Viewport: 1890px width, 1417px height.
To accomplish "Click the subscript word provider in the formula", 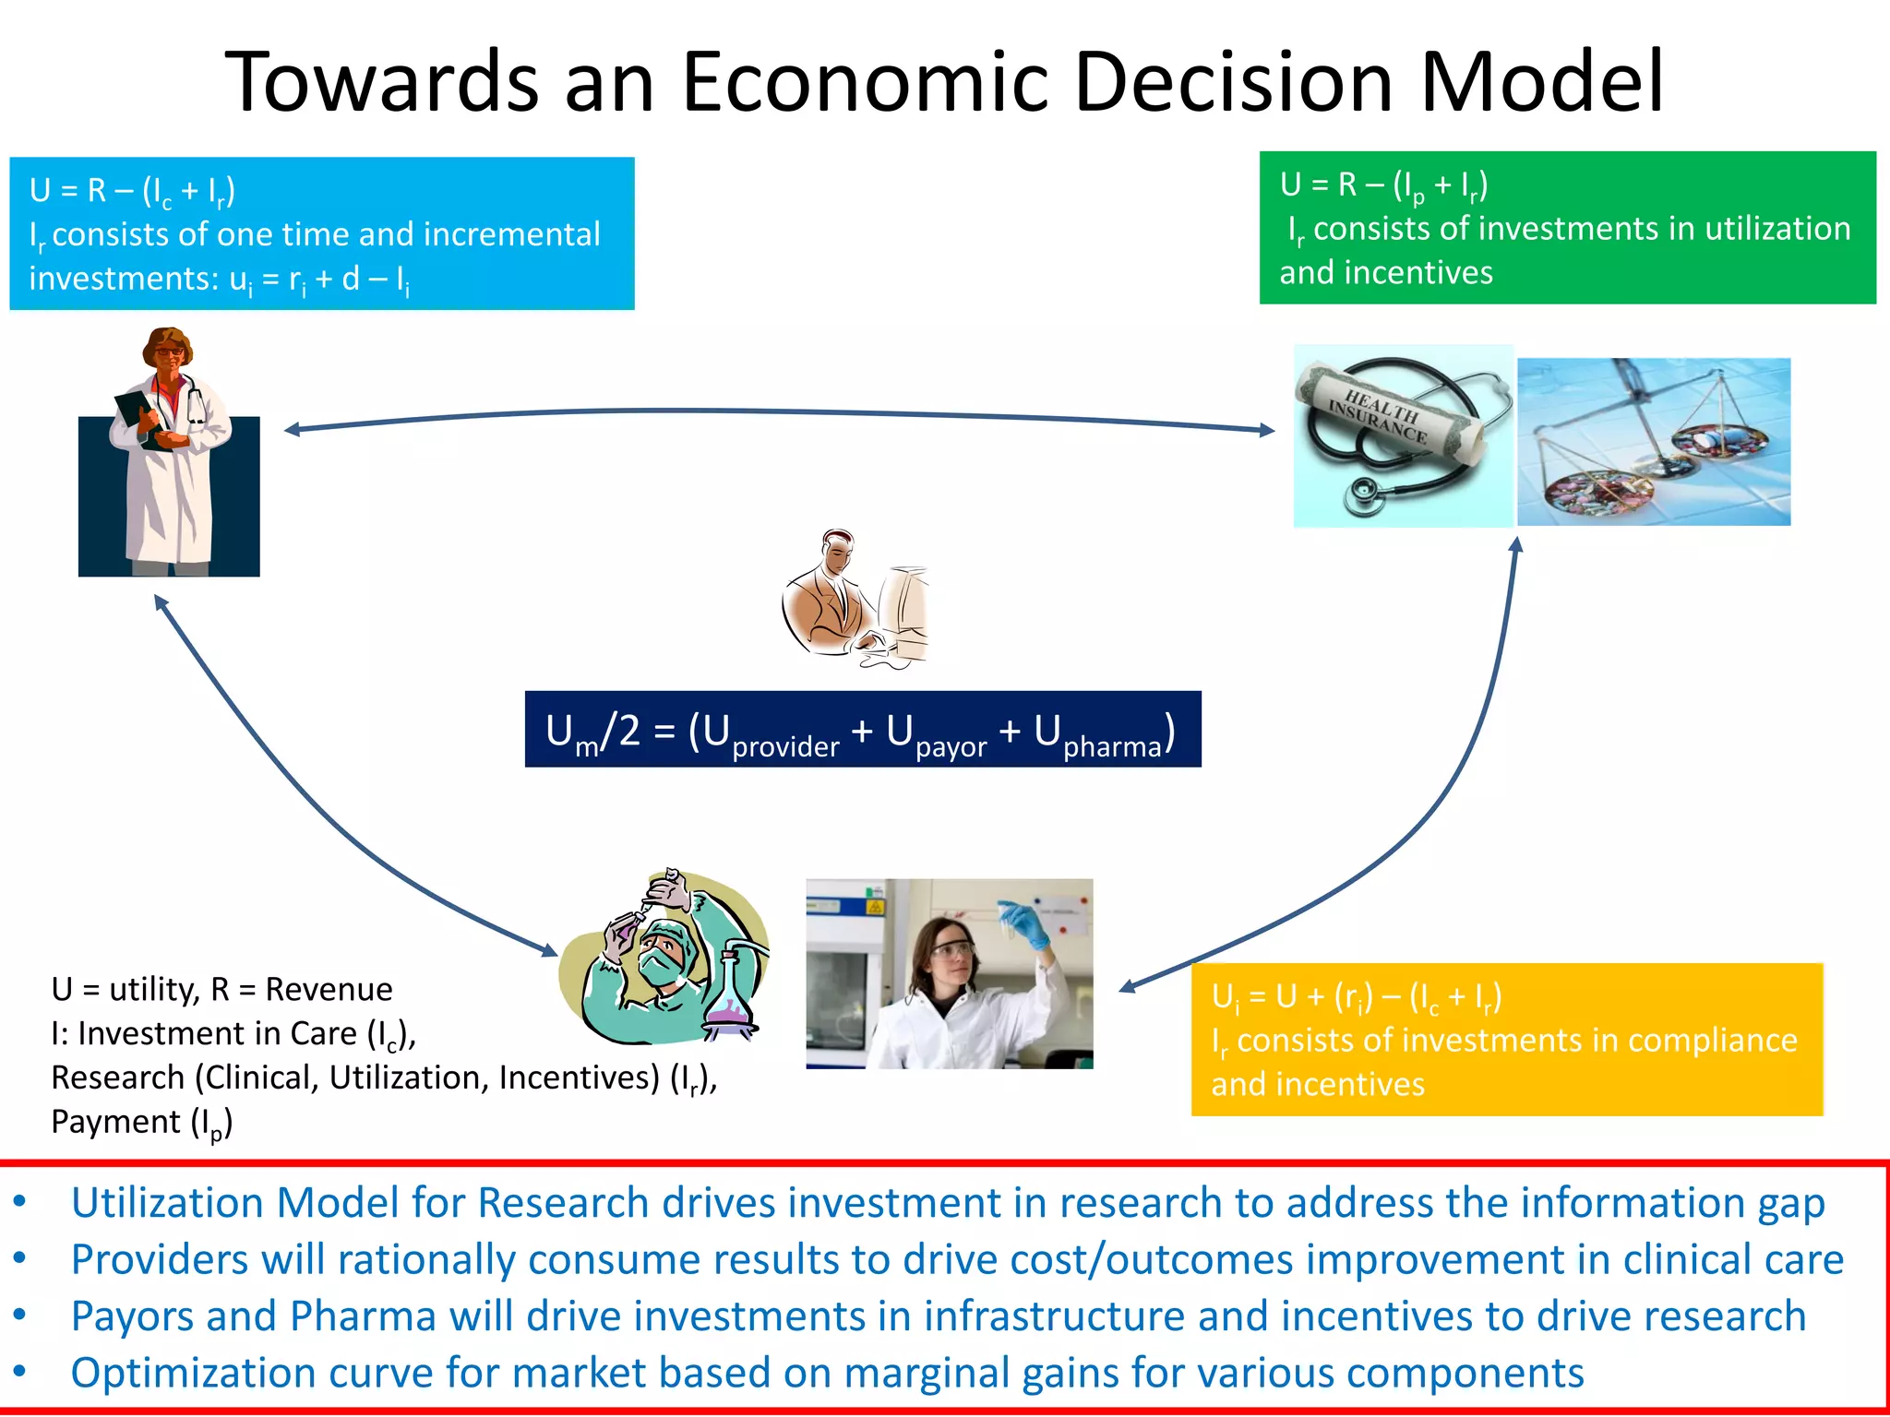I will point(785,746).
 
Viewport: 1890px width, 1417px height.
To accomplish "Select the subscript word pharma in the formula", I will point(1112,746).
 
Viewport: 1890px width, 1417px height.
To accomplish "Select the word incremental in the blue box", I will point(512,234).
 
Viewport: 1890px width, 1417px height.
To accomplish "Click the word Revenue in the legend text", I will point(329,989).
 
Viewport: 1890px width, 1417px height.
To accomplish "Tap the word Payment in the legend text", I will point(116,1122).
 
